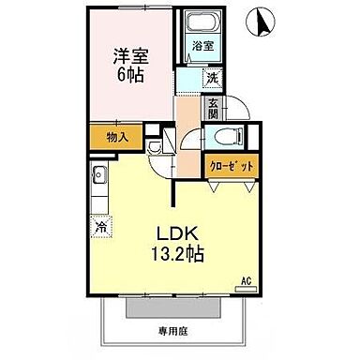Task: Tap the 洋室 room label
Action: tap(127, 53)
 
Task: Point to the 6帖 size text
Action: tap(127, 76)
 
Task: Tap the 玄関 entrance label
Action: tap(214, 108)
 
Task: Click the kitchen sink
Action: tap(98, 175)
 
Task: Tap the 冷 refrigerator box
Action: tap(99, 225)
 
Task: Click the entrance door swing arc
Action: tap(234, 105)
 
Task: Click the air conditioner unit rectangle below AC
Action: tap(247, 290)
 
